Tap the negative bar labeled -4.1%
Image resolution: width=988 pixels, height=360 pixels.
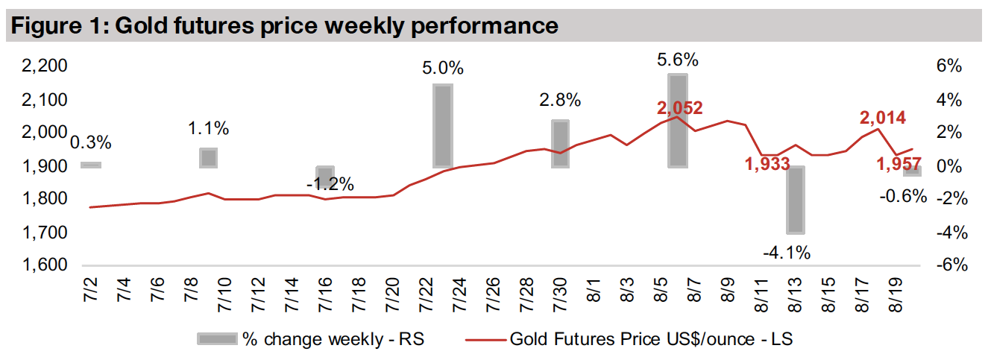[x=796, y=200]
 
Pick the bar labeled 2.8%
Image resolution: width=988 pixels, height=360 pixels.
[x=560, y=143]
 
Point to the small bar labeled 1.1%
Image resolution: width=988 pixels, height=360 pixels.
[x=208, y=157]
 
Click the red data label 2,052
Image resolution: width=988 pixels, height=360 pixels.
[x=680, y=108]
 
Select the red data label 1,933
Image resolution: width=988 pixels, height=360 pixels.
[x=767, y=165]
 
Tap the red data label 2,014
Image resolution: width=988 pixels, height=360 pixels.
[x=883, y=118]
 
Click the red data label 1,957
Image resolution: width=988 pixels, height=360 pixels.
[x=898, y=163]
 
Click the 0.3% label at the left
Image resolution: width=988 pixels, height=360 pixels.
[x=91, y=142]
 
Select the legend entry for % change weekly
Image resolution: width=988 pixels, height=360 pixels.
[x=313, y=339]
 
